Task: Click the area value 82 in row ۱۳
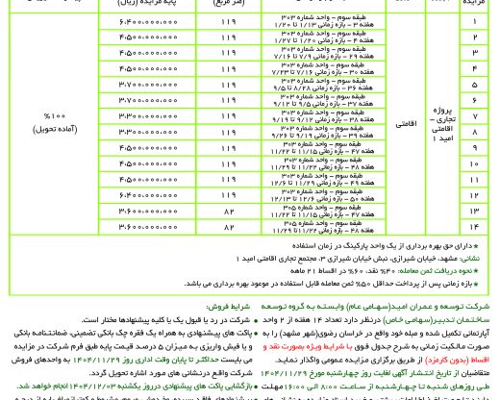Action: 228,212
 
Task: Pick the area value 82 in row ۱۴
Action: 228,228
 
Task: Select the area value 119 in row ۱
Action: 228,19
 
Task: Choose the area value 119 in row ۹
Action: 228,147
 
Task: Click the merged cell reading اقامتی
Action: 401,124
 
